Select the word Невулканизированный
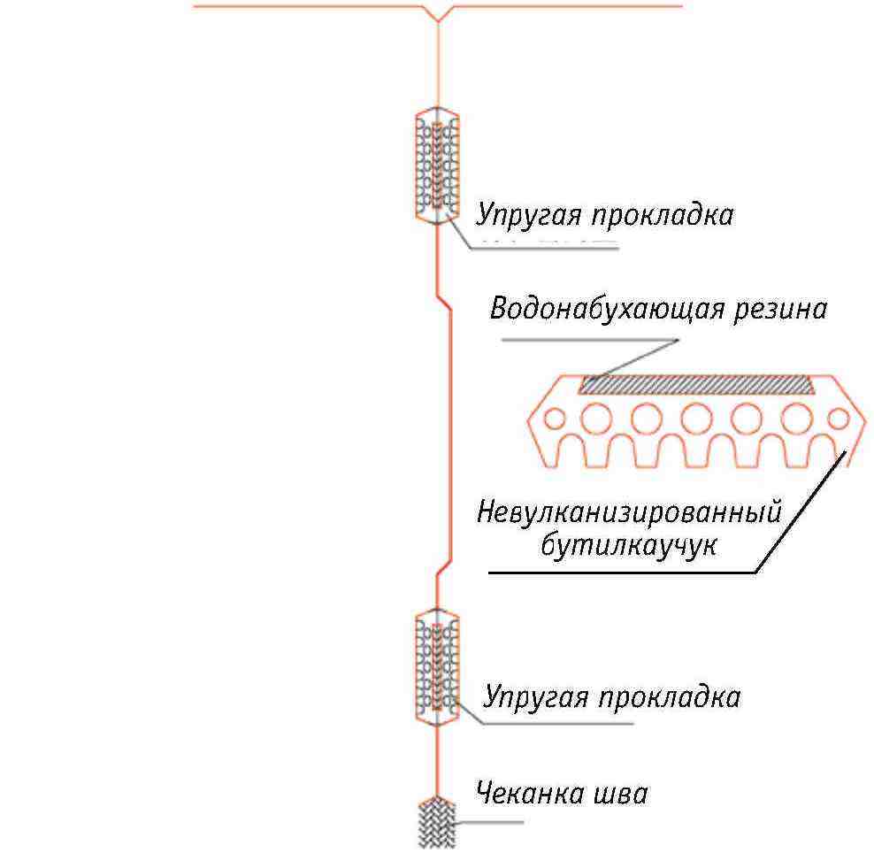coord(629,512)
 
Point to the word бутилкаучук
coord(629,544)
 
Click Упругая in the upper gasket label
coord(528,215)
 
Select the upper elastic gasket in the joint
coord(438,165)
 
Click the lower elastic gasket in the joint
coord(438,667)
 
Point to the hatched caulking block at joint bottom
coord(437,823)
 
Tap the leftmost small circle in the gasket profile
coord(554,419)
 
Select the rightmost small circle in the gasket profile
coord(839,419)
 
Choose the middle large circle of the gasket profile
coord(697,419)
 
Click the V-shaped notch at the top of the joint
coord(438,20)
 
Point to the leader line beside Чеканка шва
coord(489,822)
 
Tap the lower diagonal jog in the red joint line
coord(444,567)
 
